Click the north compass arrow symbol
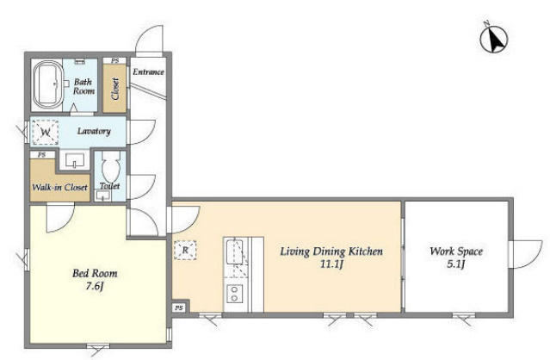click(x=494, y=39)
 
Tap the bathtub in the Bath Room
click(x=47, y=84)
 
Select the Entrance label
click(x=148, y=72)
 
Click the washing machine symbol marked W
click(x=45, y=133)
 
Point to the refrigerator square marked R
click(x=185, y=250)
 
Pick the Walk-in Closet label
click(x=59, y=187)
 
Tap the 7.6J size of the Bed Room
click(x=95, y=287)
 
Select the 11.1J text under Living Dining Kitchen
click(x=331, y=264)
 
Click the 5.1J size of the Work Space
click(x=456, y=264)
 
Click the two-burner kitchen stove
click(x=234, y=294)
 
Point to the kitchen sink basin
click(x=233, y=251)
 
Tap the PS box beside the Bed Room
click(x=179, y=308)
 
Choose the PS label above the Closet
click(x=114, y=60)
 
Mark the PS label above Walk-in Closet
click(x=42, y=155)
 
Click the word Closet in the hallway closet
click(x=115, y=89)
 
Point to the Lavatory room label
click(x=94, y=131)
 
